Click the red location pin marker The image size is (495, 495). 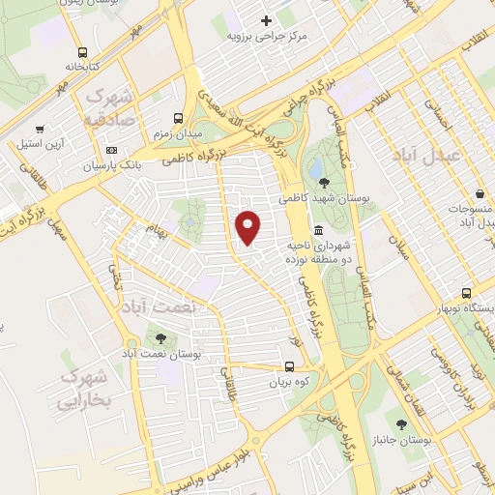point(249,227)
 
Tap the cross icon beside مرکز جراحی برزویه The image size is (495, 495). point(267,19)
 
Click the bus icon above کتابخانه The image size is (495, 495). point(81,51)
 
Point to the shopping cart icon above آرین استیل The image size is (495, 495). point(40,129)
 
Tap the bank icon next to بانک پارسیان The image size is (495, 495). point(112,150)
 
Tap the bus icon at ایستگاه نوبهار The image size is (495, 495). point(467,292)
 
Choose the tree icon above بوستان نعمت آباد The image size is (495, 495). point(160,338)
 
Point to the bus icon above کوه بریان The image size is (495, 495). point(288,366)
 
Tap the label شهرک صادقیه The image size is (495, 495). point(109,109)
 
